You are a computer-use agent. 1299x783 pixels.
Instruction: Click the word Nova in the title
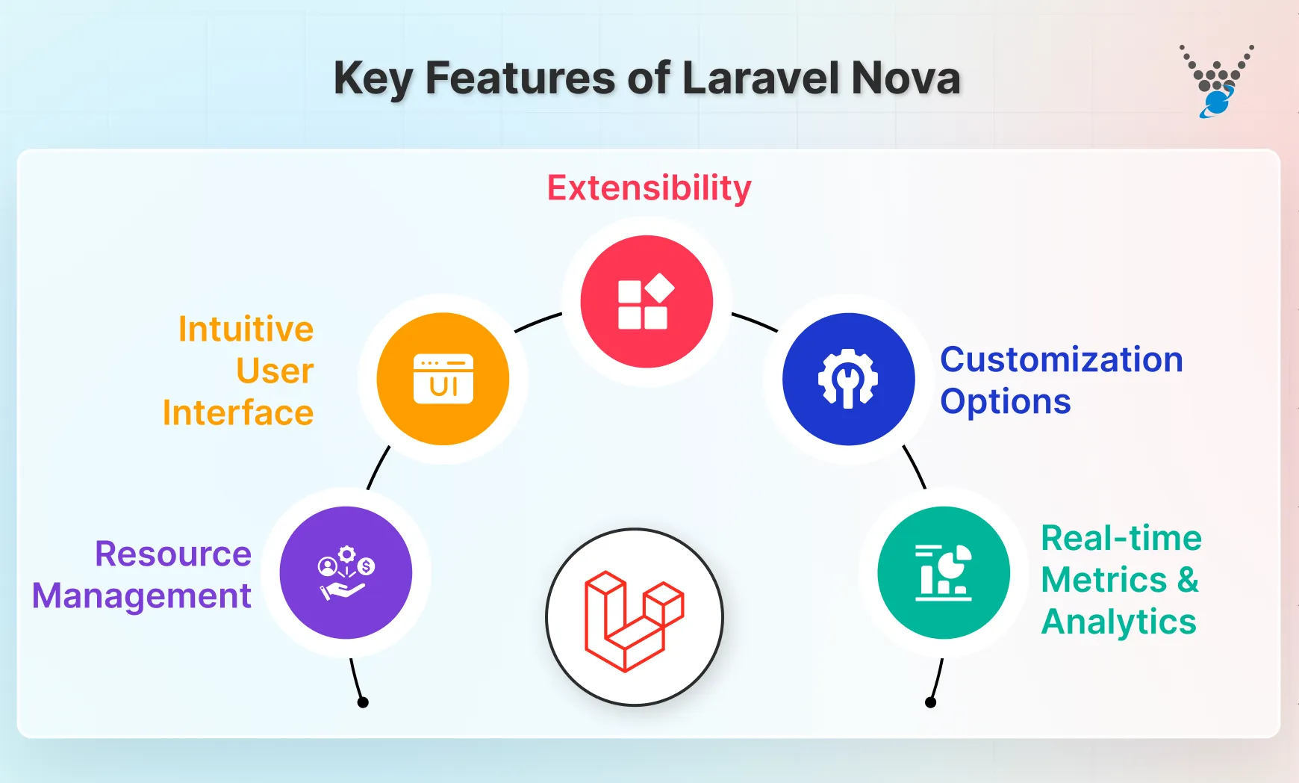coord(905,78)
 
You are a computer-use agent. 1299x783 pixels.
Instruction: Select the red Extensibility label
coord(649,188)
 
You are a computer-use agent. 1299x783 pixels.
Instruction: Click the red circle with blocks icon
coord(647,302)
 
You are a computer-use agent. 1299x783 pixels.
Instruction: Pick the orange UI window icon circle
coord(443,379)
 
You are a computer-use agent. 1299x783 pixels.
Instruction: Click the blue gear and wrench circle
coord(848,379)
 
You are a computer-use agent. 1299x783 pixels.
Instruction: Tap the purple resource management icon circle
coord(346,573)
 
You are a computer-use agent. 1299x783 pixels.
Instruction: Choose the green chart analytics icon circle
coord(944,573)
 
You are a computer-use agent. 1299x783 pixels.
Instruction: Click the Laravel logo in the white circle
coord(635,618)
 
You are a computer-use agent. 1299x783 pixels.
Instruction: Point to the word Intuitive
coord(246,329)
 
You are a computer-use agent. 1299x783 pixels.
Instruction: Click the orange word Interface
coord(238,413)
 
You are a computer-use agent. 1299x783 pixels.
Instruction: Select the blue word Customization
coord(1061,360)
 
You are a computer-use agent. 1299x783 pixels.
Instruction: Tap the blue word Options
coord(1005,402)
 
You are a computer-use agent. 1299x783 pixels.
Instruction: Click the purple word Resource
coord(173,554)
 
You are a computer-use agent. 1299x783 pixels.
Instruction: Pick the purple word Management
coord(142,596)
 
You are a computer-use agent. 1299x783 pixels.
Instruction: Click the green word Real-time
coord(1121,539)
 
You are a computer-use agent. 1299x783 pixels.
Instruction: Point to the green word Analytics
coord(1118,622)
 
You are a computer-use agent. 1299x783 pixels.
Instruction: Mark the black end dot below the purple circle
coord(363,702)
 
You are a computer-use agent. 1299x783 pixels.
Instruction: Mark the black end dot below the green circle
coord(930,702)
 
